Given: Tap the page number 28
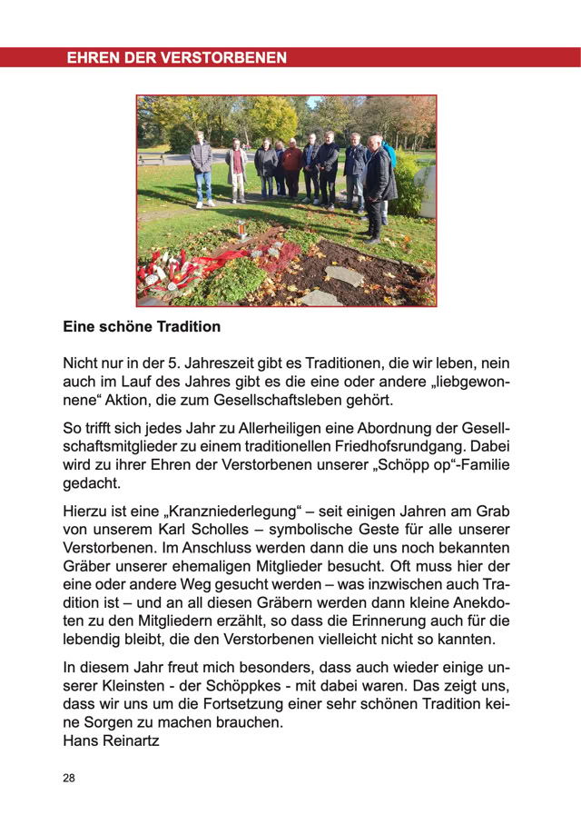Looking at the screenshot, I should click(x=69, y=779).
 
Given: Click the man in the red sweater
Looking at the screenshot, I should click(x=292, y=168).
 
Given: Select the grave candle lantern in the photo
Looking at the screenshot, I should click(x=241, y=230).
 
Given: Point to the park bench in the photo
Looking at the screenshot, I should click(x=153, y=158).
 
